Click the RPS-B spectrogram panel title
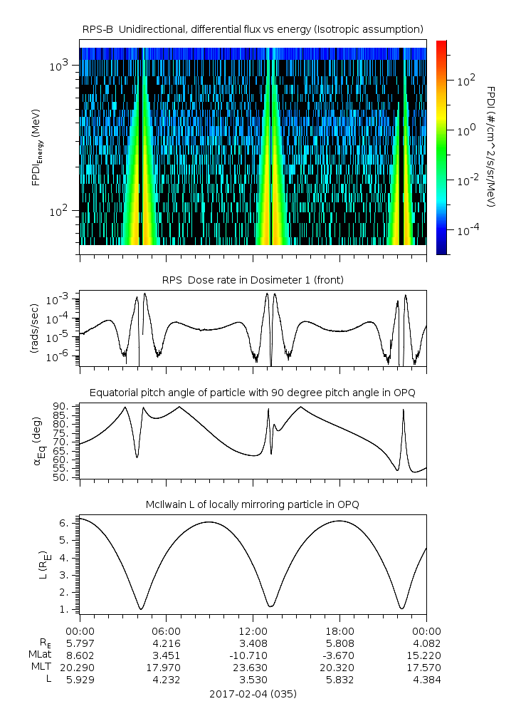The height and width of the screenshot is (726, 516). point(253,28)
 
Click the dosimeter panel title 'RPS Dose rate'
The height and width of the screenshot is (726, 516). point(253,280)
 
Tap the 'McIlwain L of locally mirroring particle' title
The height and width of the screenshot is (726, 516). point(253,504)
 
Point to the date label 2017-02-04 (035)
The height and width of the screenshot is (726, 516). point(253,693)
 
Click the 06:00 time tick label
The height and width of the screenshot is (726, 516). point(167,631)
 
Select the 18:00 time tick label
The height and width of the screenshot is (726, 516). point(339,631)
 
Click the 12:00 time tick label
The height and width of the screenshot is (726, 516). point(253,631)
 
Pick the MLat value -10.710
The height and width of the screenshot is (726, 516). point(253,655)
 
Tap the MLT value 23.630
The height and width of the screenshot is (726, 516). point(253,667)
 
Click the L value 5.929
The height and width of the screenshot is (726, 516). point(80,679)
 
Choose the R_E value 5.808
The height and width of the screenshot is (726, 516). point(339,643)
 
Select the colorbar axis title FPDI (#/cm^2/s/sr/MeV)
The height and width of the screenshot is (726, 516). point(491,146)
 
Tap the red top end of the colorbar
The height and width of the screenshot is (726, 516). point(442,44)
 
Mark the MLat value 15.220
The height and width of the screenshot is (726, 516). point(426,655)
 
